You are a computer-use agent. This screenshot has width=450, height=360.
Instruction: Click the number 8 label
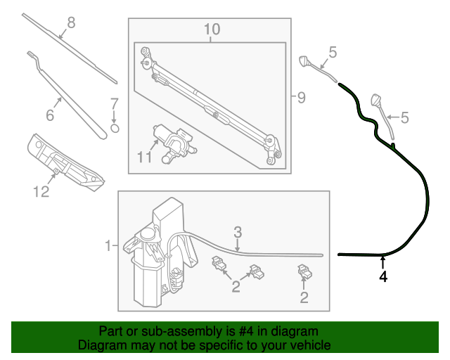tap(70, 23)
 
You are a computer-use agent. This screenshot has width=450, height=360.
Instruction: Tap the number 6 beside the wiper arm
tap(50, 115)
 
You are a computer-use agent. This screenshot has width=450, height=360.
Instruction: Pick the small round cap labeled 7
tap(115, 129)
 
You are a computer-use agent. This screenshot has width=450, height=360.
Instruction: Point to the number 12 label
tap(42, 191)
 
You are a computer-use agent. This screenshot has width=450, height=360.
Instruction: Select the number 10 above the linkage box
tap(212, 30)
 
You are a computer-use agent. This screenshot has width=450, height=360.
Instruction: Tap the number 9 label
tap(301, 98)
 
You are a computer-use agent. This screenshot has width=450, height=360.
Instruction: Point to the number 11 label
tap(144, 158)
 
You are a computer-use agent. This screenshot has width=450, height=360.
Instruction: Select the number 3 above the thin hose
tap(238, 231)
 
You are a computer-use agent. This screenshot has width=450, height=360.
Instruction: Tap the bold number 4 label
tap(383, 277)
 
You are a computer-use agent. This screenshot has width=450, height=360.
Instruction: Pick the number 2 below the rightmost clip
tap(304, 297)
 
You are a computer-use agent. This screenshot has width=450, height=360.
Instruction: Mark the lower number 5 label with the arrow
tap(404, 118)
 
